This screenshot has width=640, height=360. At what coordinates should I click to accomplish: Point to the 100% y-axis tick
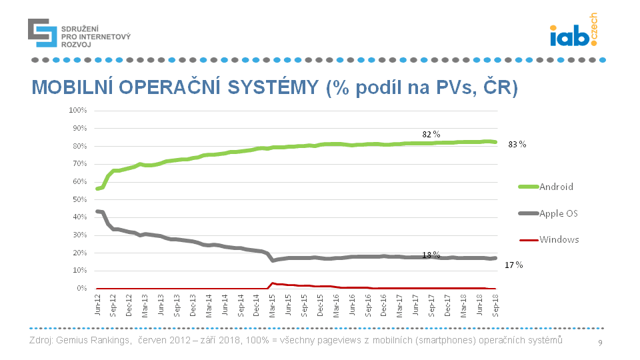[78, 110]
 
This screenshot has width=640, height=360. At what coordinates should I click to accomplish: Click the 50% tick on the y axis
[79, 199]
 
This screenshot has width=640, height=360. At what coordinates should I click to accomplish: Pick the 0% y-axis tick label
[82, 289]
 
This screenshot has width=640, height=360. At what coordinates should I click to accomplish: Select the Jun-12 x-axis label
[98, 304]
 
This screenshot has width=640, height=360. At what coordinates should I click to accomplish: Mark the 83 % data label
[517, 144]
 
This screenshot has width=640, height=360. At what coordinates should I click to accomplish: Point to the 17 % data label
[513, 265]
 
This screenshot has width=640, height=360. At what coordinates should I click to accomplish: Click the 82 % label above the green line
[431, 134]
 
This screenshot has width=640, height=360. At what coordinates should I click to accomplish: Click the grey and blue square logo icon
[42, 33]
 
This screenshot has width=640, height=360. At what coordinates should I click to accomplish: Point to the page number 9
[600, 343]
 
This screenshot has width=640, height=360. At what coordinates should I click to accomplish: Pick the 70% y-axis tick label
[79, 163]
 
